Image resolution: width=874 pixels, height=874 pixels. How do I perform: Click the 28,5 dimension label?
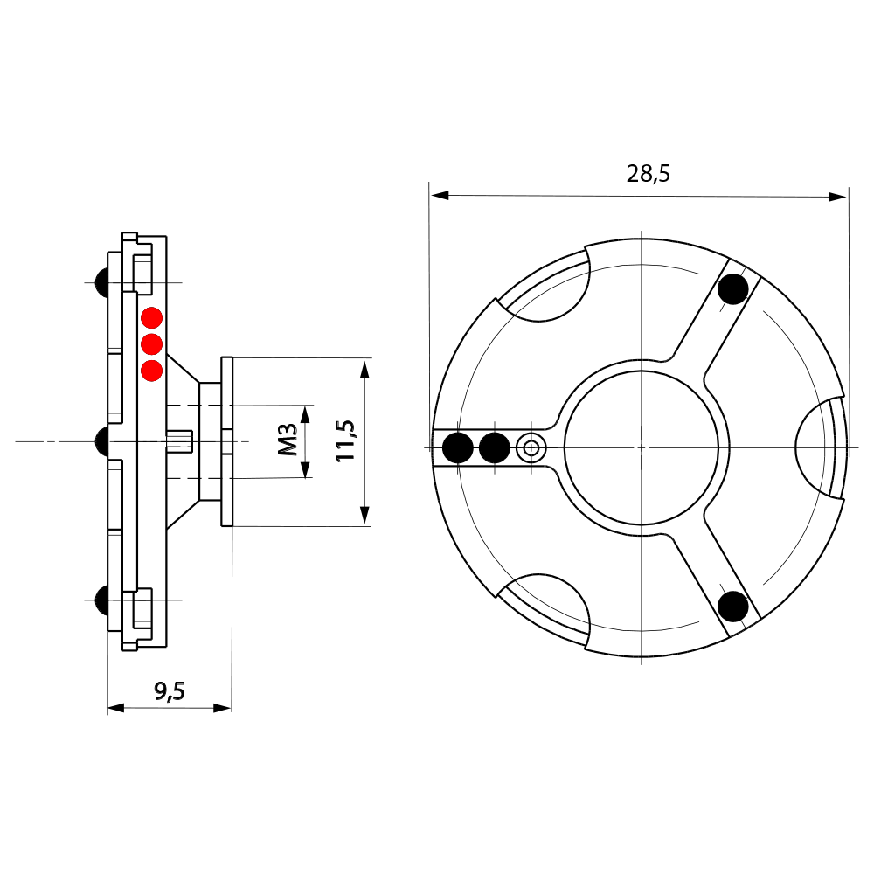pyautogui.click(x=648, y=173)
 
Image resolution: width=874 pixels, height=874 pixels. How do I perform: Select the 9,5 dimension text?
pyautogui.click(x=170, y=691)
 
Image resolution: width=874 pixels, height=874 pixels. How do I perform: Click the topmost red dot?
pyautogui.click(x=152, y=317)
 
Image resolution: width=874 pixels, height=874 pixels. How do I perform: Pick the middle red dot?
pyautogui.click(x=152, y=343)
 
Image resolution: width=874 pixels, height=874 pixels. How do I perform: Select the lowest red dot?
pyautogui.click(x=152, y=371)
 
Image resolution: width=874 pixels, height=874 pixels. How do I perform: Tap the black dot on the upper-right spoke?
pyautogui.click(x=733, y=289)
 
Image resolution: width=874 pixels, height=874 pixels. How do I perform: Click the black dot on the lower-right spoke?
pyautogui.click(x=733, y=605)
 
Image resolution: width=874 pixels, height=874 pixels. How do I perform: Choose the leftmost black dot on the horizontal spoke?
pyautogui.click(x=458, y=447)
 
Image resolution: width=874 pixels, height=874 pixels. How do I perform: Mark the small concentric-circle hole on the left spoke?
pyautogui.click(x=530, y=448)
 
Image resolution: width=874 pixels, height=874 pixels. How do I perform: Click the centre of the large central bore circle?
pyautogui.click(x=642, y=447)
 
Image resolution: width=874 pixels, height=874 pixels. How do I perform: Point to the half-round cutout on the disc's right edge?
pyautogui.click(x=820, y=447)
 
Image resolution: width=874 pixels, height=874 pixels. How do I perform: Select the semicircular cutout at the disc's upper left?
pyautogui.click(x=547, y=288)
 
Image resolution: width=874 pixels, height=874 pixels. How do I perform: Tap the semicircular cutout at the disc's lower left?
pyautogui.click(x=547, y=607)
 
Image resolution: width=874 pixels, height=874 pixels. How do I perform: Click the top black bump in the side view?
pyautogui.click(x=101, y=281)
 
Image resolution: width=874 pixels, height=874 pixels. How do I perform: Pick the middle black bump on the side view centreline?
pyautogui.click(x=101, y=441)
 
